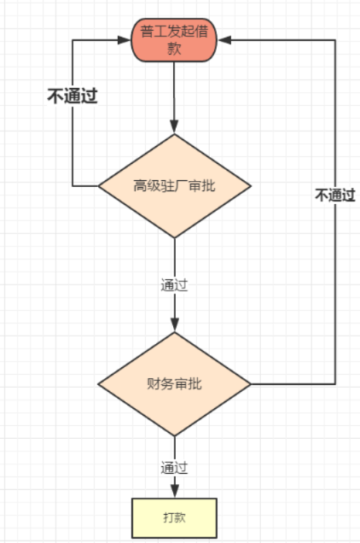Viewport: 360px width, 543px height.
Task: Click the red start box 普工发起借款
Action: coord(174,39)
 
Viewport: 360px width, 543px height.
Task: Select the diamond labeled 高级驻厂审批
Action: coord(174,186)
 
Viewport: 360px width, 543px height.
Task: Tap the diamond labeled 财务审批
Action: coord(174,383)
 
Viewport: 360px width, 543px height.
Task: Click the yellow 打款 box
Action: coord(174,517)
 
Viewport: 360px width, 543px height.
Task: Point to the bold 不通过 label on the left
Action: coord(72,96)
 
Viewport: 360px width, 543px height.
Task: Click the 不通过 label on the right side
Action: coord(334,196)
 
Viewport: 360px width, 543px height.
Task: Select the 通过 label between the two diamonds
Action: coord(174,285)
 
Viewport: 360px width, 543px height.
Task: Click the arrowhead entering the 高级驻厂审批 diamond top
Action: coord(174,127)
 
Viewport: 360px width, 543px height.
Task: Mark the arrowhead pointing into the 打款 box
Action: coord(174,491)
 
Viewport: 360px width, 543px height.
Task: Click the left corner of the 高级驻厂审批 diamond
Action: coord(99,186)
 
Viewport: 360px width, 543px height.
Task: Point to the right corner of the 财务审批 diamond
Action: coord(251,384)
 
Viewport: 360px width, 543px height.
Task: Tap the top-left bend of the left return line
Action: coord(72,38)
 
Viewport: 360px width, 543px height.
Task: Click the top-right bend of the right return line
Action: coord(335,38)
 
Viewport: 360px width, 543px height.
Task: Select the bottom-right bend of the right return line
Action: coord(335,384)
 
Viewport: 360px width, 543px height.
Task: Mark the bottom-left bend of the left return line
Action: coord(72,186)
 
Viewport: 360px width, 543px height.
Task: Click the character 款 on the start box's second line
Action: coord(174,49)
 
